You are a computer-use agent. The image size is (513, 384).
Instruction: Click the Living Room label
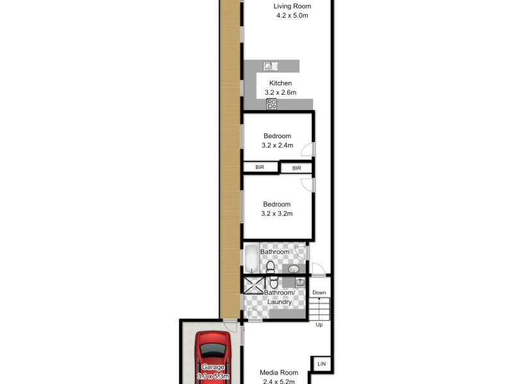tap(292, 6)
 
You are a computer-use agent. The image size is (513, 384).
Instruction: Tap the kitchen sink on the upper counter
tap(270, 65)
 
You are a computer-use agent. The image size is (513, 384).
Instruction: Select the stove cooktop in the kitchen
tap(272, 104)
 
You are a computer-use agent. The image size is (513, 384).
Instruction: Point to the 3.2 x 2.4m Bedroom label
tap(277, 141)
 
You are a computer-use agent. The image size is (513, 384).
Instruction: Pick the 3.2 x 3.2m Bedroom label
tap(277, 209)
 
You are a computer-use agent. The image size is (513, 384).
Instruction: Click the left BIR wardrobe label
tap(260, 167)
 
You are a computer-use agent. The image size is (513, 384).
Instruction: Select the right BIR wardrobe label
tap(296, 168)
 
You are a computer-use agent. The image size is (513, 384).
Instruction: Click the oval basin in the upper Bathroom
tap(294, 269)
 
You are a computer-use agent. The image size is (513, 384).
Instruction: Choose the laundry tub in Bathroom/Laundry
tap(299, 282)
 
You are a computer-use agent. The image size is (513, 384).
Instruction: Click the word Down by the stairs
tap(319, 292)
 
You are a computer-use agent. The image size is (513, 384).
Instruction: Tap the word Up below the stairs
tap(319, 324)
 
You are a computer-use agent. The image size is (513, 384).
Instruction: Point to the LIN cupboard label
tap(321, 364)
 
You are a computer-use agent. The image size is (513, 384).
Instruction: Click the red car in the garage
tap(212, 358)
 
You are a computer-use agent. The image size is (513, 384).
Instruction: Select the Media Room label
tap(279, 372)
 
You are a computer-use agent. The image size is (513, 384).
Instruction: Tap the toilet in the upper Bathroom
tap(271, 266)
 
